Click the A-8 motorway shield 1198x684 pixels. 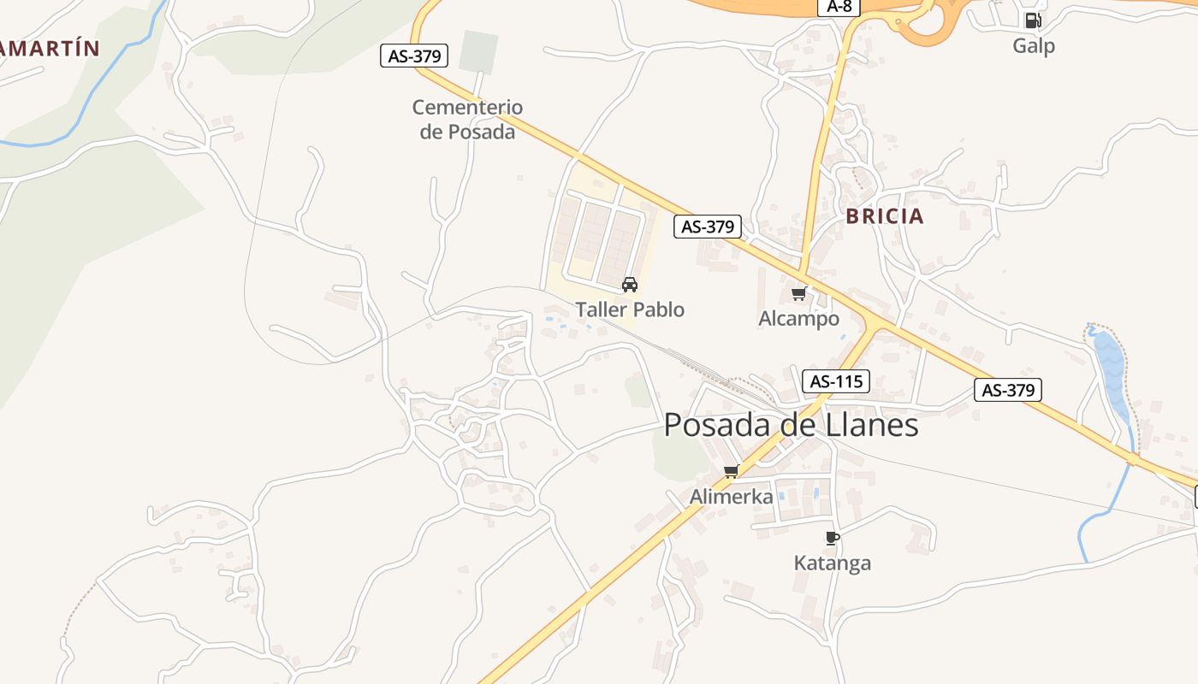coord(841,7)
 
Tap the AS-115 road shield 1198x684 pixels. coord(835,381)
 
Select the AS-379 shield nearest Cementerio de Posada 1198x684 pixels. coord(414,56)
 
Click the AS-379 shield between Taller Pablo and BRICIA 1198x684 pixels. coord(707,227)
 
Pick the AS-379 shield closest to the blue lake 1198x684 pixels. coord(1007,390)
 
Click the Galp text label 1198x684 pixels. coord(1034,45)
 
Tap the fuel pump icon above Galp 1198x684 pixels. coord(1033,21)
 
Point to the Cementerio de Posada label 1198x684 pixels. coord(467,119)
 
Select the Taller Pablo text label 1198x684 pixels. coord(630,310)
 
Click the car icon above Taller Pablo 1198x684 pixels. coord(630,285)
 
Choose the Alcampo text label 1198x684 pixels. coord(799,319)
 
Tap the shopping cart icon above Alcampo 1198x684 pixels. coord(799,294)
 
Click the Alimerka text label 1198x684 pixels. coord(732,497)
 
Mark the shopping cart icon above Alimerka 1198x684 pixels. coord(732,471)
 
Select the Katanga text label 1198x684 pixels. coord(833,563)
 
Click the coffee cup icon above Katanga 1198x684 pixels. coord(832,538)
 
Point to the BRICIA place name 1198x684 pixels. coord(885,216)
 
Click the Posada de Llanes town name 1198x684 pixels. coord(791,425)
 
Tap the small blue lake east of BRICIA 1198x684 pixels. coord(1113,368)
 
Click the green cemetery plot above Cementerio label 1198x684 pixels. coord(478,51)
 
